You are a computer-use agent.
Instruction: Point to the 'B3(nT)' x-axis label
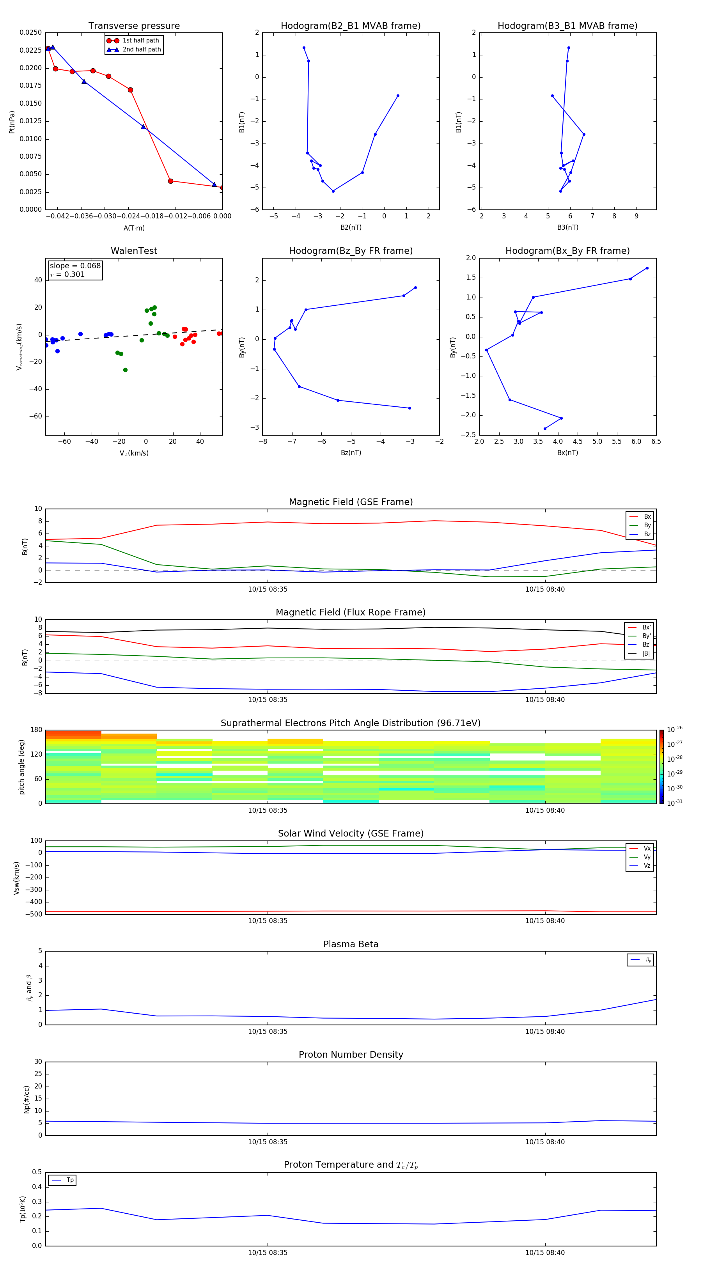(567, 227)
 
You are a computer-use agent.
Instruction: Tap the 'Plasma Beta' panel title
(351, 944)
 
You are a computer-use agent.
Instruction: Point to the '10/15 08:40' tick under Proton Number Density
(544, 1142)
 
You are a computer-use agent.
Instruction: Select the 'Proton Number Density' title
(351, 1055)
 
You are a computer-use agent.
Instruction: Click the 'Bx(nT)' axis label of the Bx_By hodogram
(567, 453)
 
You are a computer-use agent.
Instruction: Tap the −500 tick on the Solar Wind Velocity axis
(35, 914)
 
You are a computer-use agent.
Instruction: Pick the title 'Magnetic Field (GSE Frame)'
(351, 502)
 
